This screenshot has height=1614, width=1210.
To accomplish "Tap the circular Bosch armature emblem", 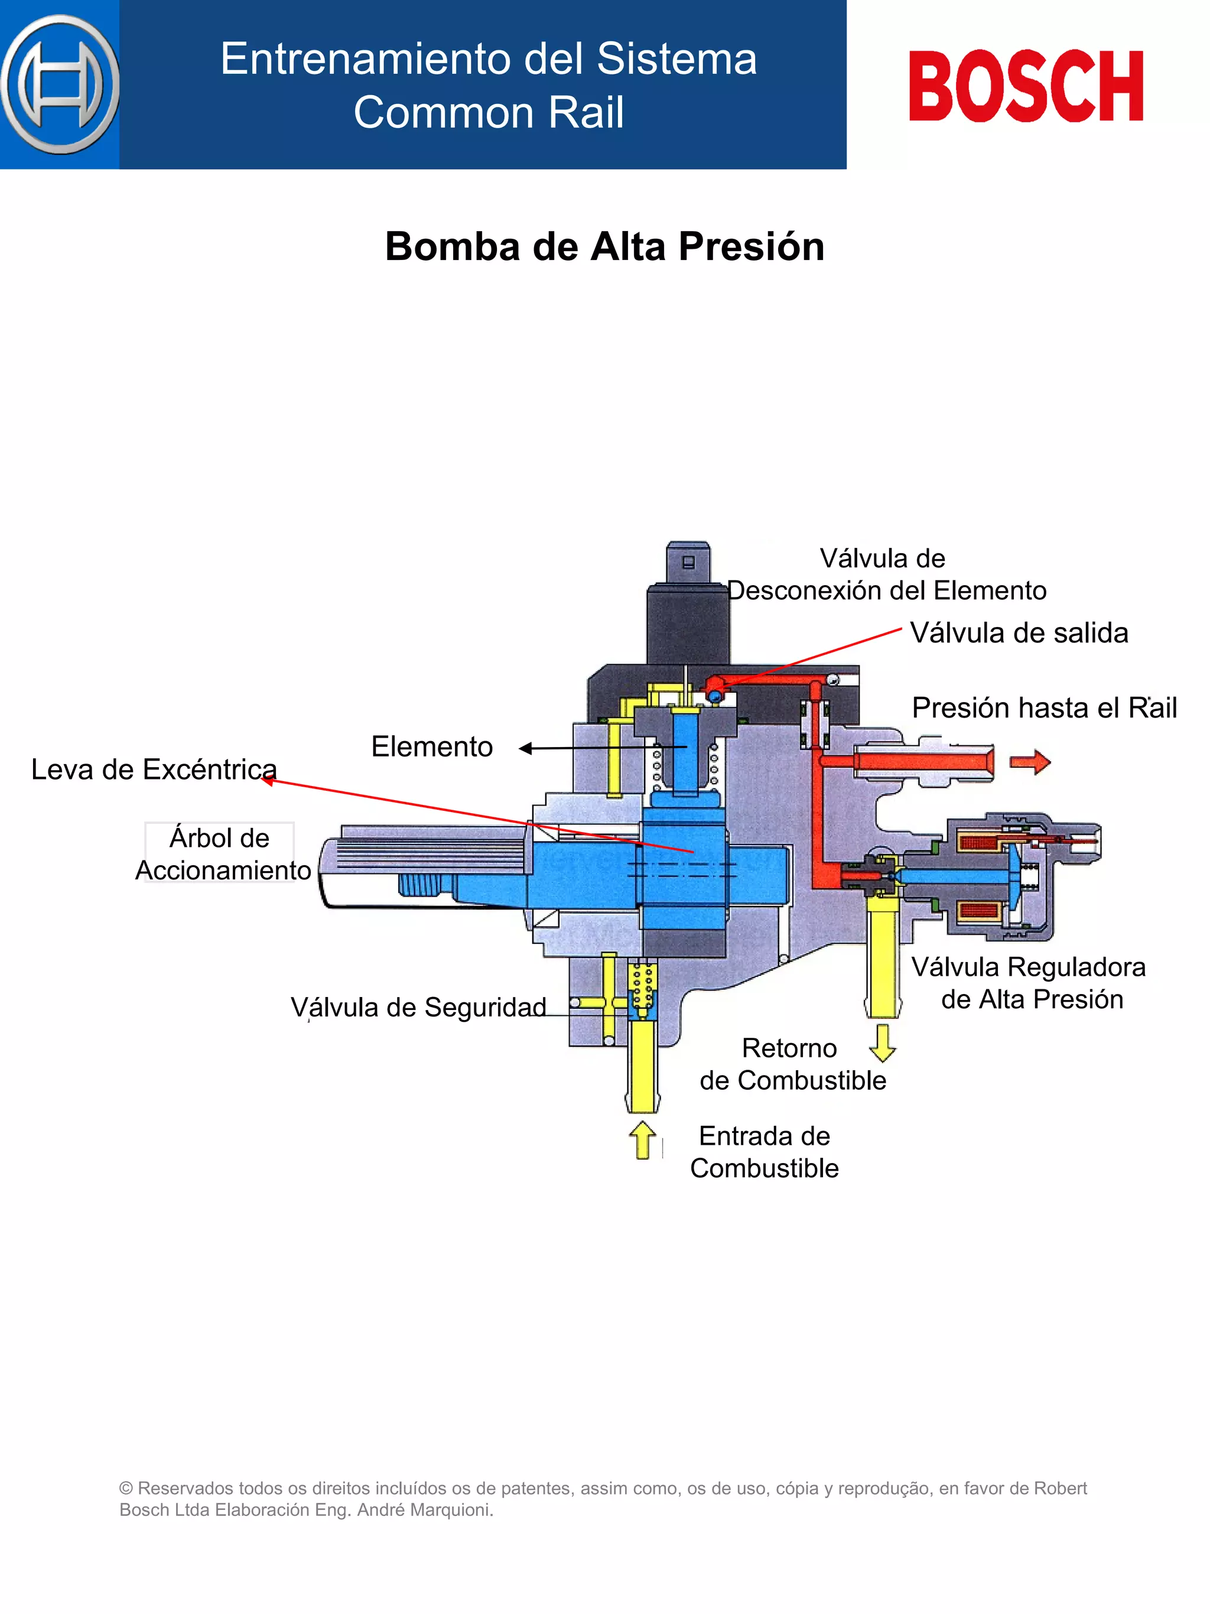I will coord(60,85).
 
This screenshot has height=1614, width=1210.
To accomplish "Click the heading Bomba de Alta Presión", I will coord(604,246).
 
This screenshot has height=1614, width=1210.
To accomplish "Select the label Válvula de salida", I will coord(1018,632).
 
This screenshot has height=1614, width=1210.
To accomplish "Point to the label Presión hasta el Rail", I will coord(1044,708).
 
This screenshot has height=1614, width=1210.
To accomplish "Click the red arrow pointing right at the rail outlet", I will coord(1029,762).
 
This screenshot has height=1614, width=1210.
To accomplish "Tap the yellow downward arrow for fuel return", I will coord(883,1042).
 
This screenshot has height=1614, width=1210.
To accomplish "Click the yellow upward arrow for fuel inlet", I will coord(643,1139).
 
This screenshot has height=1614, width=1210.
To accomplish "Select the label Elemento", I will coord(432,746).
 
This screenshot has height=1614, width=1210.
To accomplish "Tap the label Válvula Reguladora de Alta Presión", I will coord(1029,983).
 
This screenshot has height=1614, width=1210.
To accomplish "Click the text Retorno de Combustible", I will coord(792,1064).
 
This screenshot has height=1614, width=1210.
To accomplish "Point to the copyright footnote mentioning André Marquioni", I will coord(603,1499).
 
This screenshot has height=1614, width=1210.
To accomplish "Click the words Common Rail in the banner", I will coord(488,112).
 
